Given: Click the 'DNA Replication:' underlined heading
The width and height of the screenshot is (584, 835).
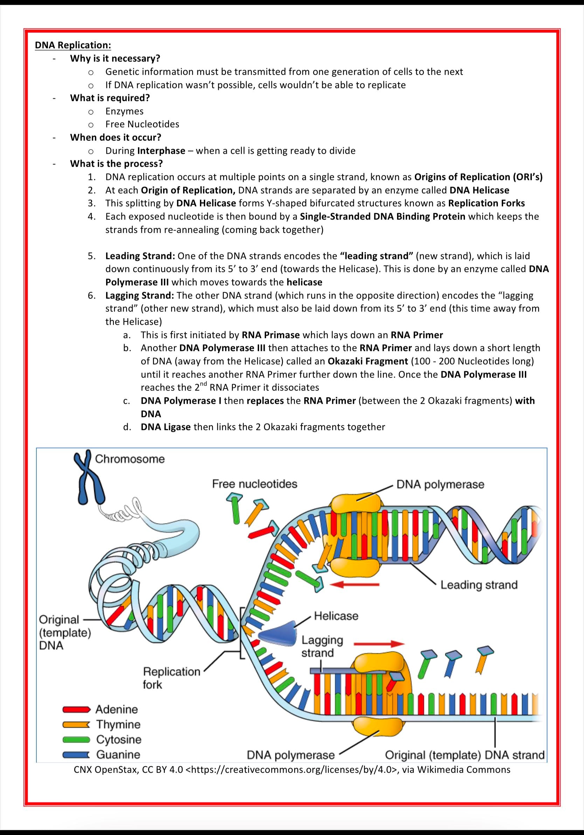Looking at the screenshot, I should [x=73, y=45].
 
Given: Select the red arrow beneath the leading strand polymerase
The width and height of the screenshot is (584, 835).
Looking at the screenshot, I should [x=356, y=584].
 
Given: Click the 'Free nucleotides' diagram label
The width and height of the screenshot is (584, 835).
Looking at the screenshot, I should [x=255, y=484].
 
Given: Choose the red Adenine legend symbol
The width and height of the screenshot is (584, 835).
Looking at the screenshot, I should [x=76, y=709].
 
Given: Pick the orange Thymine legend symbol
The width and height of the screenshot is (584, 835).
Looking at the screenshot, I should [x=76, y=725].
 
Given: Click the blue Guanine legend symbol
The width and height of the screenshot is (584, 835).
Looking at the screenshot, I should [x=76, y=755].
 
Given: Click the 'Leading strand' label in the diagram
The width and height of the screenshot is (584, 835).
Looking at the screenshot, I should [x=479, y=585].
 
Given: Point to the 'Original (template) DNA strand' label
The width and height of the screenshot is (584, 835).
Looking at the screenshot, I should [x=465, y=755].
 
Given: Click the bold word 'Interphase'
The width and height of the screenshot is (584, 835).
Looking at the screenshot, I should [x=161, y=151].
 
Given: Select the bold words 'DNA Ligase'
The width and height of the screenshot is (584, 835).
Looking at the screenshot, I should [x=166, y=427].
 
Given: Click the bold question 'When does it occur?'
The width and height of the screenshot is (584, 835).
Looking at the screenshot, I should [x=116, y=137].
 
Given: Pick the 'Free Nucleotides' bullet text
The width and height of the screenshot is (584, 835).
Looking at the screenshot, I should [x=142, y=124].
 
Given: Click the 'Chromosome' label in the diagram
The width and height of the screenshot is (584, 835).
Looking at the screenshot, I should [x=130, y=459].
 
